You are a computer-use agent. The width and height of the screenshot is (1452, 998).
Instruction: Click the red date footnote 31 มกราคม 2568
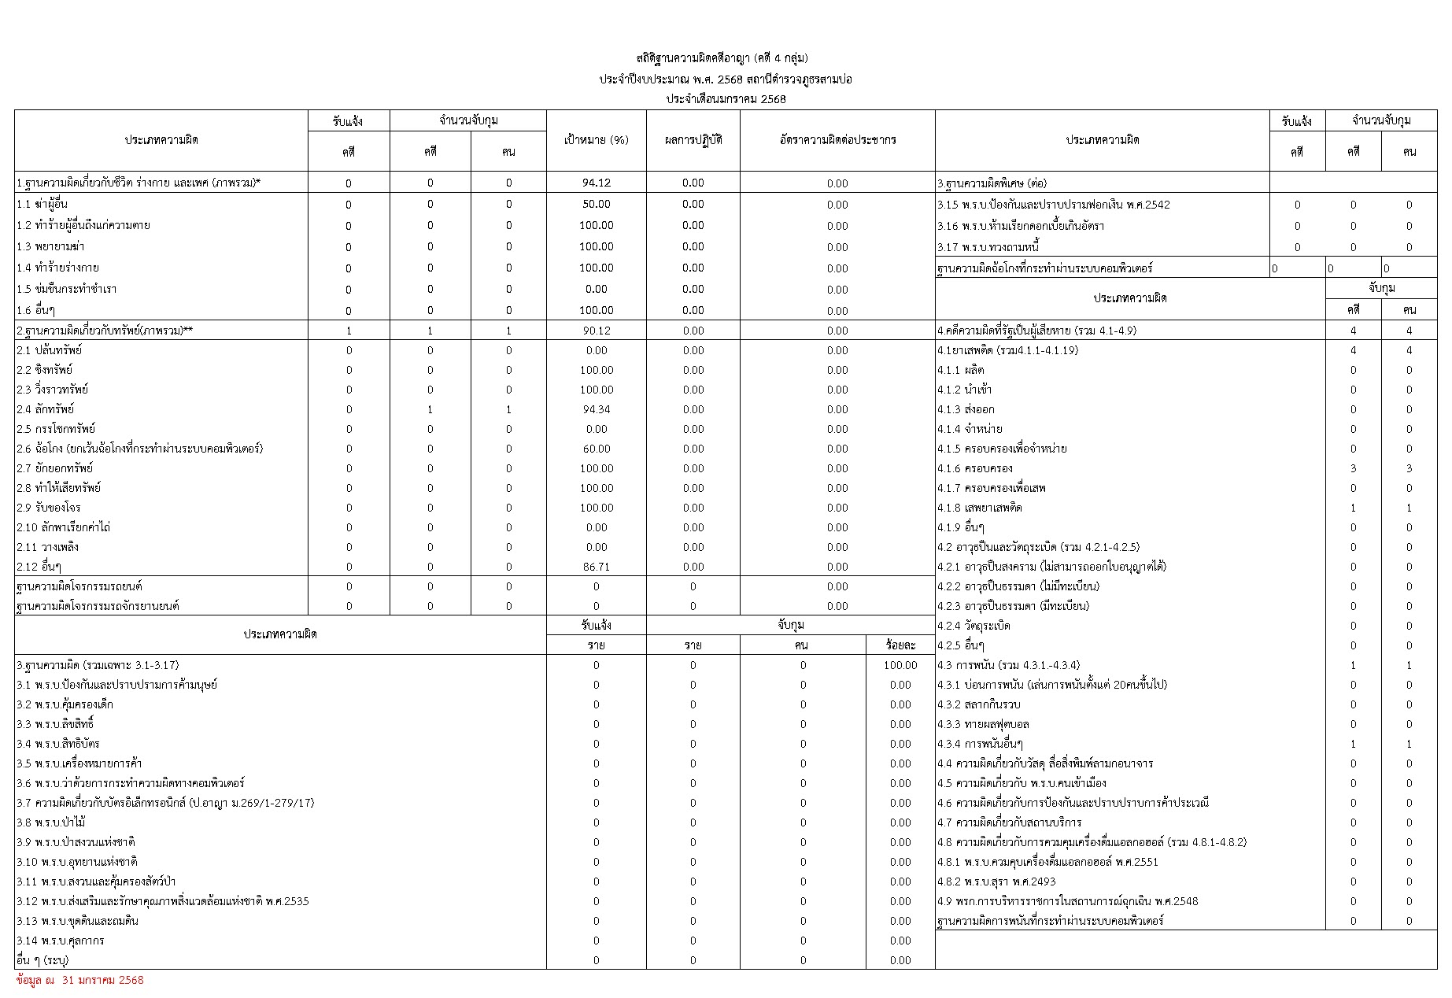click(80, 981)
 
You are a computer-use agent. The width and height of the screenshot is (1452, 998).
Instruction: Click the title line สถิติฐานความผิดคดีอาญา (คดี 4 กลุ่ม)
click(722, 58)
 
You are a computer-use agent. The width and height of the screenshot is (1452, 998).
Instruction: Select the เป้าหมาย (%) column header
click(597, 141)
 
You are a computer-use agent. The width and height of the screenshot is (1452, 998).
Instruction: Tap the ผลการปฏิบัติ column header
click(693, 141)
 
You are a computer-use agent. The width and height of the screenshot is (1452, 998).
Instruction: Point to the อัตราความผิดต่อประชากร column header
click(837, 141)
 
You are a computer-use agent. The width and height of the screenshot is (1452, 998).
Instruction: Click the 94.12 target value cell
click(597, 183)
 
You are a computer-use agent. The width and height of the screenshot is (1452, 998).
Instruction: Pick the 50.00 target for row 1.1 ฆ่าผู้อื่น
click(597, 205)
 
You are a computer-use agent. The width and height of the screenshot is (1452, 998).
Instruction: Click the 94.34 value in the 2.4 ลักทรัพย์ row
click(597, 410)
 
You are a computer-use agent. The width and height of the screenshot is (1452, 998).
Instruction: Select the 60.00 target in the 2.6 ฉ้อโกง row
click(597, 449)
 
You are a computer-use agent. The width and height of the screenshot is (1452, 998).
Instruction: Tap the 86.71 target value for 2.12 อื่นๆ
click(597, 567)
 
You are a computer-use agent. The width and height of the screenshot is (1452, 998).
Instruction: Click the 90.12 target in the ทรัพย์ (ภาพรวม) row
click(597, 331)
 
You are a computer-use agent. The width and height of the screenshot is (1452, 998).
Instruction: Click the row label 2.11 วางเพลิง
click(48, 548)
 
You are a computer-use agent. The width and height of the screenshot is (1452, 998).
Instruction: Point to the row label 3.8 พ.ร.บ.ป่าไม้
click(51, 823)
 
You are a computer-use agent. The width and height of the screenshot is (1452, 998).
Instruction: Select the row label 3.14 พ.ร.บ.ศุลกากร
click(61, 941)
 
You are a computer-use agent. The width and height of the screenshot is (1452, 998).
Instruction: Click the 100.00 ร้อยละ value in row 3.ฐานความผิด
click(900, 666)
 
